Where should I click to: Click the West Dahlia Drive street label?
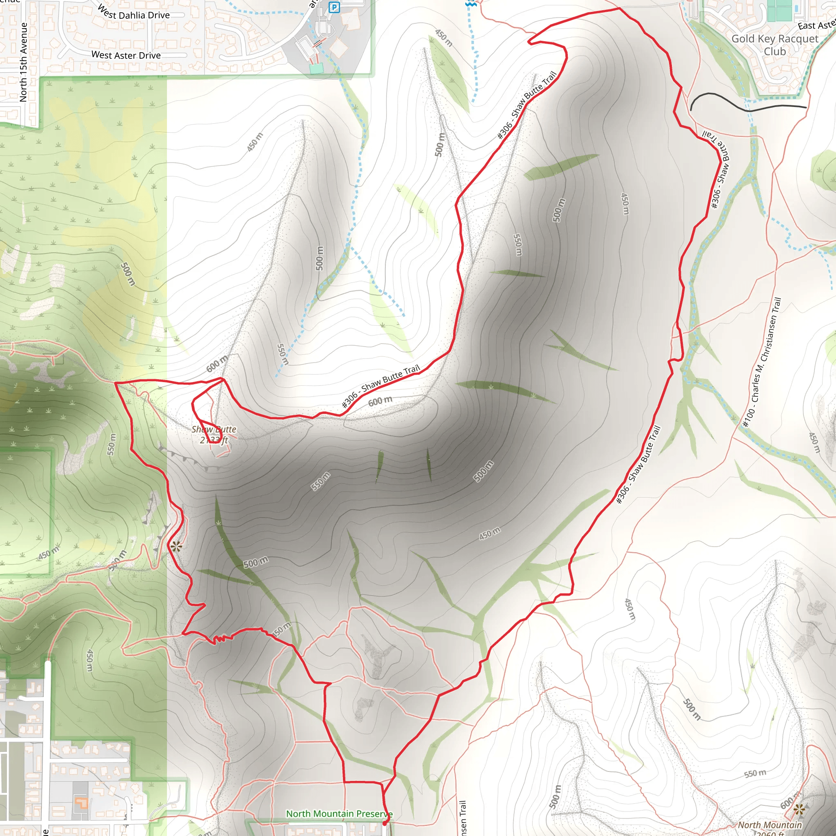click(133, 13)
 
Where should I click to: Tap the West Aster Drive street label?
click(126, 56)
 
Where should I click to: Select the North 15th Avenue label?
click(23, 62)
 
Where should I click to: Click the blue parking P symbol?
click(334, 7)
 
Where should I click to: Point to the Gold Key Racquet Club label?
click(774, 45)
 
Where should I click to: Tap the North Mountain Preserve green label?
click(339, 814)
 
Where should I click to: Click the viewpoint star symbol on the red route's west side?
click(176, 547)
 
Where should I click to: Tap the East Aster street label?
click(816, 25)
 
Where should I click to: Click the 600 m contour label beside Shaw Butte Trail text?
click(380, 401)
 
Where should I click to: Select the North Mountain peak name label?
click(769, 825)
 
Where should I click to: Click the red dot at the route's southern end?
click(385, 823)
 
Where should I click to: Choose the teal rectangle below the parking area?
click(316, 68)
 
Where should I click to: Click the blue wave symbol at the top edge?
click(471, 3)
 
